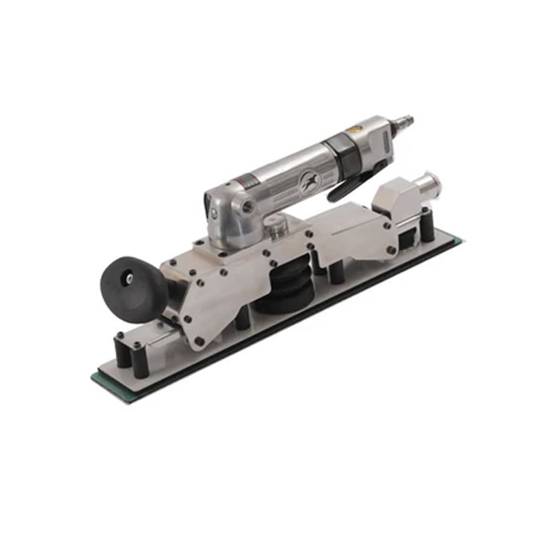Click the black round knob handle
134,284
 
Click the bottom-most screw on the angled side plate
199,341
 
